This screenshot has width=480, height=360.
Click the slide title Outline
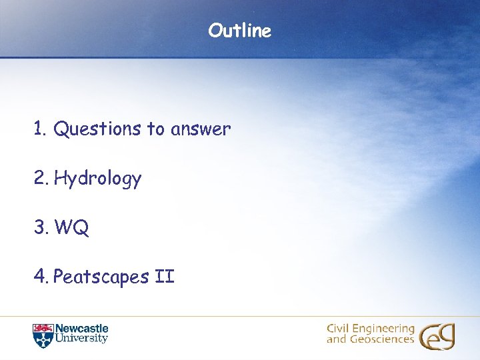pos(239,31)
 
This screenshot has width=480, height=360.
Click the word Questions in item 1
pos(97,129)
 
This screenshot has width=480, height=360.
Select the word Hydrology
pos(97,179)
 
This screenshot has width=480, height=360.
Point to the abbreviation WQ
pos(71,228)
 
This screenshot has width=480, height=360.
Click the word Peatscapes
pos(100,277)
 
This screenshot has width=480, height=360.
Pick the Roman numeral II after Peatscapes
pos(164,276)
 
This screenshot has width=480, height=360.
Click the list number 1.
pos(39,129)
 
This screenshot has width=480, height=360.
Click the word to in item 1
pos(156,129)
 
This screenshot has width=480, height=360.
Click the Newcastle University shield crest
pos(42,335)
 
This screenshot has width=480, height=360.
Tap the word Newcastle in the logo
pos(81,329)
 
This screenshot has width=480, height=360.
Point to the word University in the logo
pos(81,339)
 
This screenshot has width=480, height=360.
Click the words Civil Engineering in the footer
pos(370,329)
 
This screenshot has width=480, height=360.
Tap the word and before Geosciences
pos(336,340)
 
